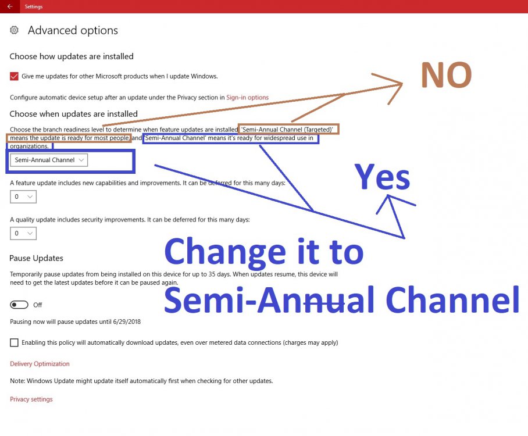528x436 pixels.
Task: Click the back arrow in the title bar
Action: (x=10, y=6)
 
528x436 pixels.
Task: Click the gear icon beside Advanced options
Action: (x=14, y=30)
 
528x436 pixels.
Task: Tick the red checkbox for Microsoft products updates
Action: (x=14, y=76)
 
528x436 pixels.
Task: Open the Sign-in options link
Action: (x=248, y=97)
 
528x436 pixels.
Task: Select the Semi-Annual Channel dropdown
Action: (x=49, y=160)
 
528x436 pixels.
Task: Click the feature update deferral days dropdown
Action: (x=23, y=196)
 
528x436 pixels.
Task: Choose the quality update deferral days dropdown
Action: (x=23, y=233)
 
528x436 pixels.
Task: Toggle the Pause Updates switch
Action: (x=19, y=305)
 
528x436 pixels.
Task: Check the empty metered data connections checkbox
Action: (x=14, y=342)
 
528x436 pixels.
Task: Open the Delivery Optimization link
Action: (x=40, y=363)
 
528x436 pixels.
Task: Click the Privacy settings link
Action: (x=31, y=399)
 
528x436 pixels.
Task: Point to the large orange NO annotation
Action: (x=447, y=75)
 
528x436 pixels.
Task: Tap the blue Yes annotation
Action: (x=383, y=177)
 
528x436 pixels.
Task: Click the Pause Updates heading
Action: (x=37, y=258)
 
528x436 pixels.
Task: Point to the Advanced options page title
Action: (x=73, y=30)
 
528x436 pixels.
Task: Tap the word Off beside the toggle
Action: (x=37, y=305)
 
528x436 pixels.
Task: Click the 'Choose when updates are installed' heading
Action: (x=73, y=114)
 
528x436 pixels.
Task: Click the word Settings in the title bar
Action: (x=34, y=6)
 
